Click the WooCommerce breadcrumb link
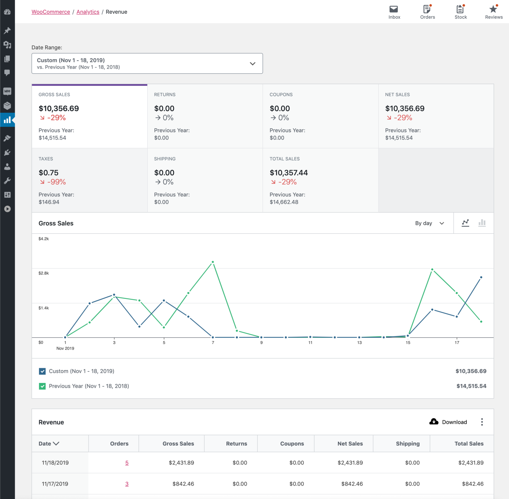tap(51, 12)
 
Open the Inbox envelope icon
tap(394, 9)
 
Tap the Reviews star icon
tap(493, 9)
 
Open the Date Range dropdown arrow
tap(253, 64)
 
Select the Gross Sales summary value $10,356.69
tap(59, 108)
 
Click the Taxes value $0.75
tap(48, 173)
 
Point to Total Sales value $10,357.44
tap(288, 173)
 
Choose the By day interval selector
tap(429, 223)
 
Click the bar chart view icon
tap(482, 223)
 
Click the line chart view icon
tap(466, 223)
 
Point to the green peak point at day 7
tap(213, 262)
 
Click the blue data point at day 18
tap(481, 278)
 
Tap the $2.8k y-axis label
tap(43, 273)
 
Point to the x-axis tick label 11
tap(310, 343)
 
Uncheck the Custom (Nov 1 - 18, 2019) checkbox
tap(42, 371)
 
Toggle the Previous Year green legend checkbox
tap(42, 386)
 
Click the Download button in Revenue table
tap(448, 422)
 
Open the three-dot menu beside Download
tap(482, 422)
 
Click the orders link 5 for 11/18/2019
tap(127, 463)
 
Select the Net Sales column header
tap(350, 444)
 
